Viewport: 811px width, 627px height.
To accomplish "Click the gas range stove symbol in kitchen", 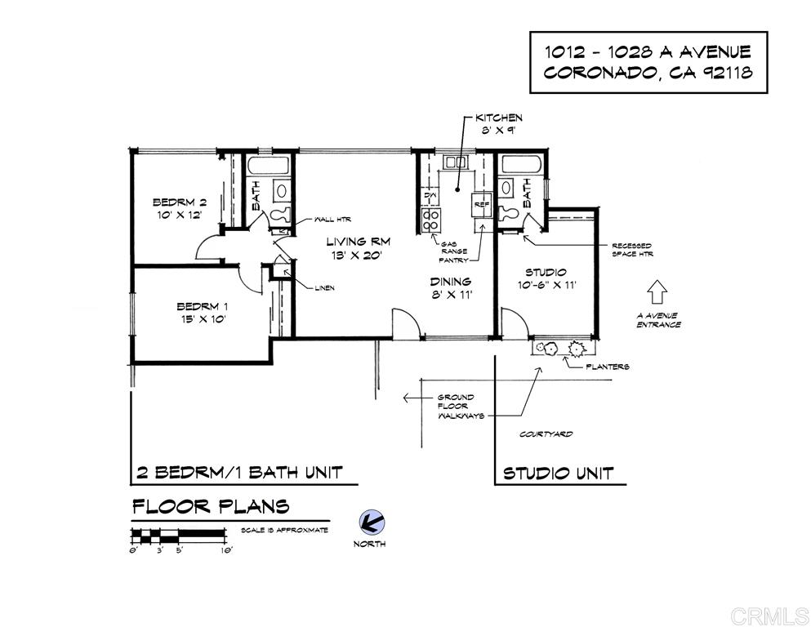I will coord(430,218).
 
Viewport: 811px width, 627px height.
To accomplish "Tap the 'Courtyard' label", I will coord(546,434).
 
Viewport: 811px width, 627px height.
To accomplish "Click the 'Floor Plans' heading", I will coord(211,506).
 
